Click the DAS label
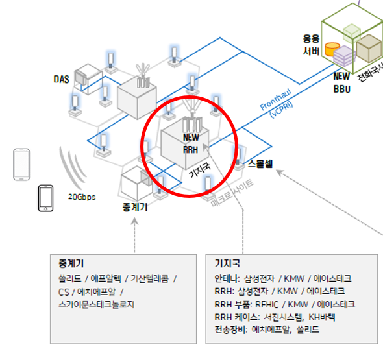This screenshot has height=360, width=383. coord(61,79)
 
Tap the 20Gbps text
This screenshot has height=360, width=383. coord(82,195)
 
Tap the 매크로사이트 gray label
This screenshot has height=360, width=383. coord(232,193)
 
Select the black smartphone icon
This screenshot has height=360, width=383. coord(45,198)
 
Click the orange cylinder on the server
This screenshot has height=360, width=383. coord(332,49)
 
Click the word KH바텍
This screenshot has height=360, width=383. coord(323,317)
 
